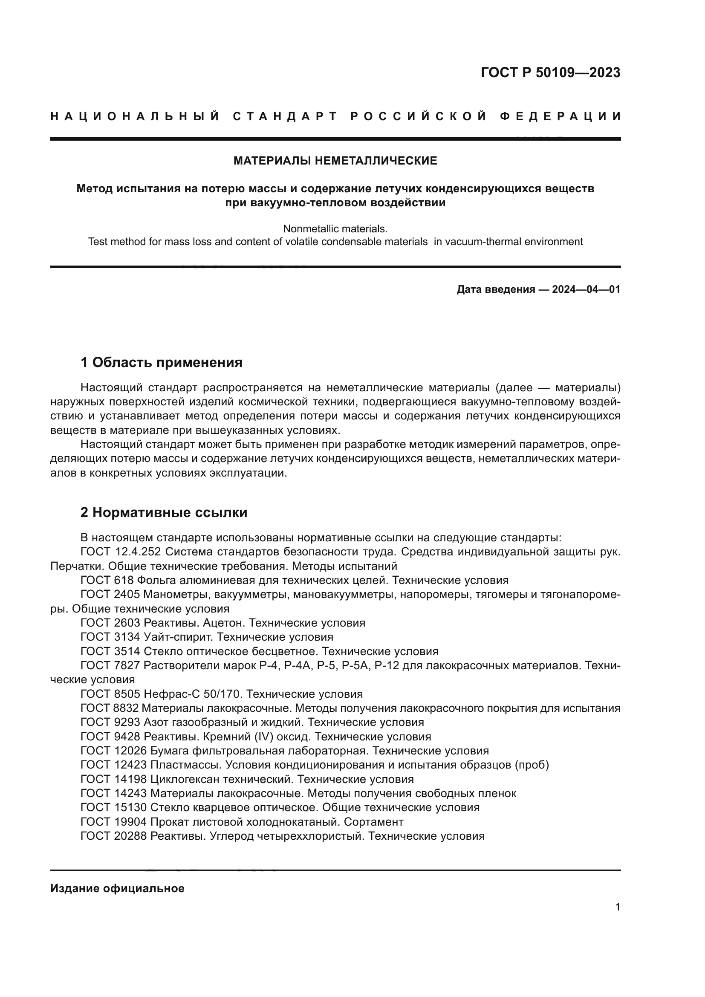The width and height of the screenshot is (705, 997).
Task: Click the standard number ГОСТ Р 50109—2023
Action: pos(550,72)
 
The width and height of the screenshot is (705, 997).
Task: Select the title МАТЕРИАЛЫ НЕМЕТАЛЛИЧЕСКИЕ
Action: pos(335,161)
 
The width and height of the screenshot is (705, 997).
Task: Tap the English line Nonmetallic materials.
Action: pos(335,228)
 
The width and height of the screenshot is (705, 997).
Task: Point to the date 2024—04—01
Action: pos(586,289)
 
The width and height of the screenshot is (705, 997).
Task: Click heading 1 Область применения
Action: pos(162,362)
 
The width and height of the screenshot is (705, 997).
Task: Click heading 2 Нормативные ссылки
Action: pos(164,512)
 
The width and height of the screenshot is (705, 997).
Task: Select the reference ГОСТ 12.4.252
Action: pos(121,552)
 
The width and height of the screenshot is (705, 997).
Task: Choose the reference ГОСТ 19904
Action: pos(114,821)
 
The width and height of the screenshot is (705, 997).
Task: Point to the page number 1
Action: pos(617,907)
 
